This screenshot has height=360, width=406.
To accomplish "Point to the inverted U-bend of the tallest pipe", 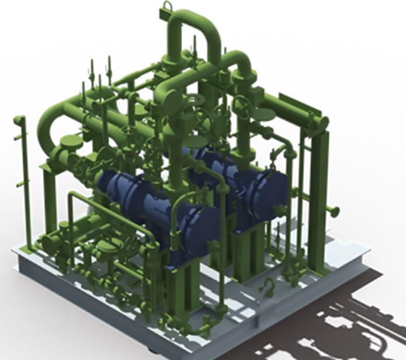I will (x=193, y=23).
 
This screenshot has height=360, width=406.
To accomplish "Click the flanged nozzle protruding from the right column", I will (x=334, y=210).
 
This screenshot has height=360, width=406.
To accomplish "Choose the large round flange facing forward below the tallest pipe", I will (x=173, y=102).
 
